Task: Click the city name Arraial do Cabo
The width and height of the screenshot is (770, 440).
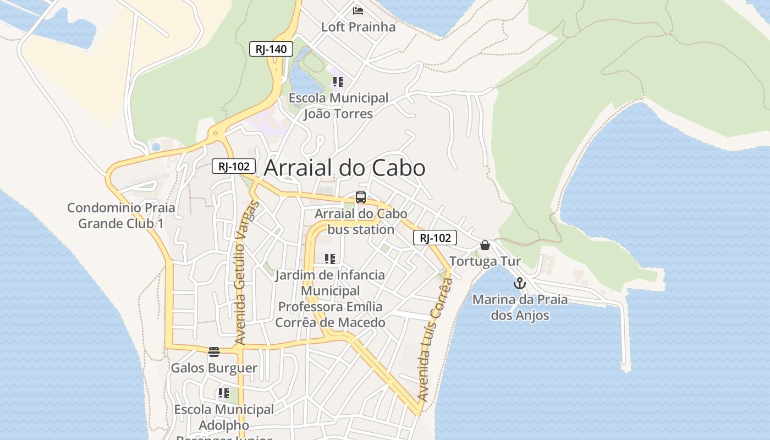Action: tap(345, 168)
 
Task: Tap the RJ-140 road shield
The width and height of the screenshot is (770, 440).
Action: tap(271, 49)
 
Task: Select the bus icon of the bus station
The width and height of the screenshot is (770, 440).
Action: tap(361, 197)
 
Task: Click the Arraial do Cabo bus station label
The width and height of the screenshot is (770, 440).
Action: tap(361, 222)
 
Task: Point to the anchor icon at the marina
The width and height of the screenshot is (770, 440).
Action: tap(519, 284)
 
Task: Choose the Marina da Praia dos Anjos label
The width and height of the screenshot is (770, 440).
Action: tap(520, 307)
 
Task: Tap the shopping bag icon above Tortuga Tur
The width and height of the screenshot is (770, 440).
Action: tap(485, 245)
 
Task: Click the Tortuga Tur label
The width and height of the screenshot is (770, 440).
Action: tap(485, 261)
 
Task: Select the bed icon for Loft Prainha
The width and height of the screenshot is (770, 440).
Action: tap(358, 10)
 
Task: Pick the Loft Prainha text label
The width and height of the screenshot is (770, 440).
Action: tap(358, 27)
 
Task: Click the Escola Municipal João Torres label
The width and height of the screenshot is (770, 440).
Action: tap(338, 106)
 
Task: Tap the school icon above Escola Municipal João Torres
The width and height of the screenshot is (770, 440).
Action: tap(338, 82)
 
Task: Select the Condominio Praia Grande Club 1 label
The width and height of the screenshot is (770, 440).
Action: tap(121, 216)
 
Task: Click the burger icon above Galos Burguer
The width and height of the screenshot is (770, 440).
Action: tap(214, 352)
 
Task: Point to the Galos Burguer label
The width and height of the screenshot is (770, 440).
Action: tap(214, 368)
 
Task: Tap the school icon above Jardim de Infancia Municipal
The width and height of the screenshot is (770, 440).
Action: tap(330, 258)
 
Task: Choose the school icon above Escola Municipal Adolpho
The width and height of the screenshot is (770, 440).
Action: tap(223, 393)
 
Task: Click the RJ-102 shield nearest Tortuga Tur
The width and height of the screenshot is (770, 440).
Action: tap(435, 238)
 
